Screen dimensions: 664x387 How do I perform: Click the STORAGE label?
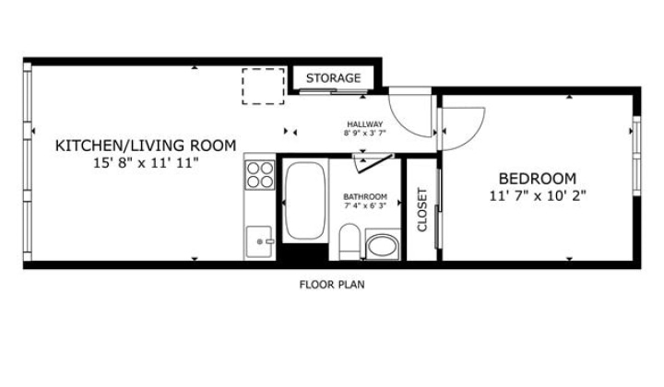click(333, 78)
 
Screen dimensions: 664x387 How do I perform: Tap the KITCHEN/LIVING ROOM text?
click(146, 146)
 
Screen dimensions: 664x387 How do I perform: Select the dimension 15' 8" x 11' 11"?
click(146, 163)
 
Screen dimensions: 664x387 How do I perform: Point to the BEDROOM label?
click(538, 179)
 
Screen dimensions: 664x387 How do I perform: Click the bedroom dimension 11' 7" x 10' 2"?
click(538, 196)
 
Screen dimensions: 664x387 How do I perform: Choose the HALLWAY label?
click(364, 124)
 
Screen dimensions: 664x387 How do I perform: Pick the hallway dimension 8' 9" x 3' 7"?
click(364, 133)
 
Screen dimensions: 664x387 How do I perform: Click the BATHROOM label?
click(365, 197)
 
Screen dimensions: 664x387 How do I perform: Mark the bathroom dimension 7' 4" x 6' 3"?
click(365, 206)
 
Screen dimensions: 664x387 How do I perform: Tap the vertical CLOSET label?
click(422, 210)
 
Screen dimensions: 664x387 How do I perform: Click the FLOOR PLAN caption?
click(332, 285)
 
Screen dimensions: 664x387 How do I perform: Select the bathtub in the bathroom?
click(305, 201)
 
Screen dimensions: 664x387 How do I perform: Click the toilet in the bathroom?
click(350, 241)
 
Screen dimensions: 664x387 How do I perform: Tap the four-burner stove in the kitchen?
click(260, 175)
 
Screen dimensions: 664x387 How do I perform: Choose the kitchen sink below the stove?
click(259, 241)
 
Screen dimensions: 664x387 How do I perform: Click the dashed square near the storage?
click(263, 87)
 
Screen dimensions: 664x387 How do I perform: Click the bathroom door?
click(373, 162)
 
